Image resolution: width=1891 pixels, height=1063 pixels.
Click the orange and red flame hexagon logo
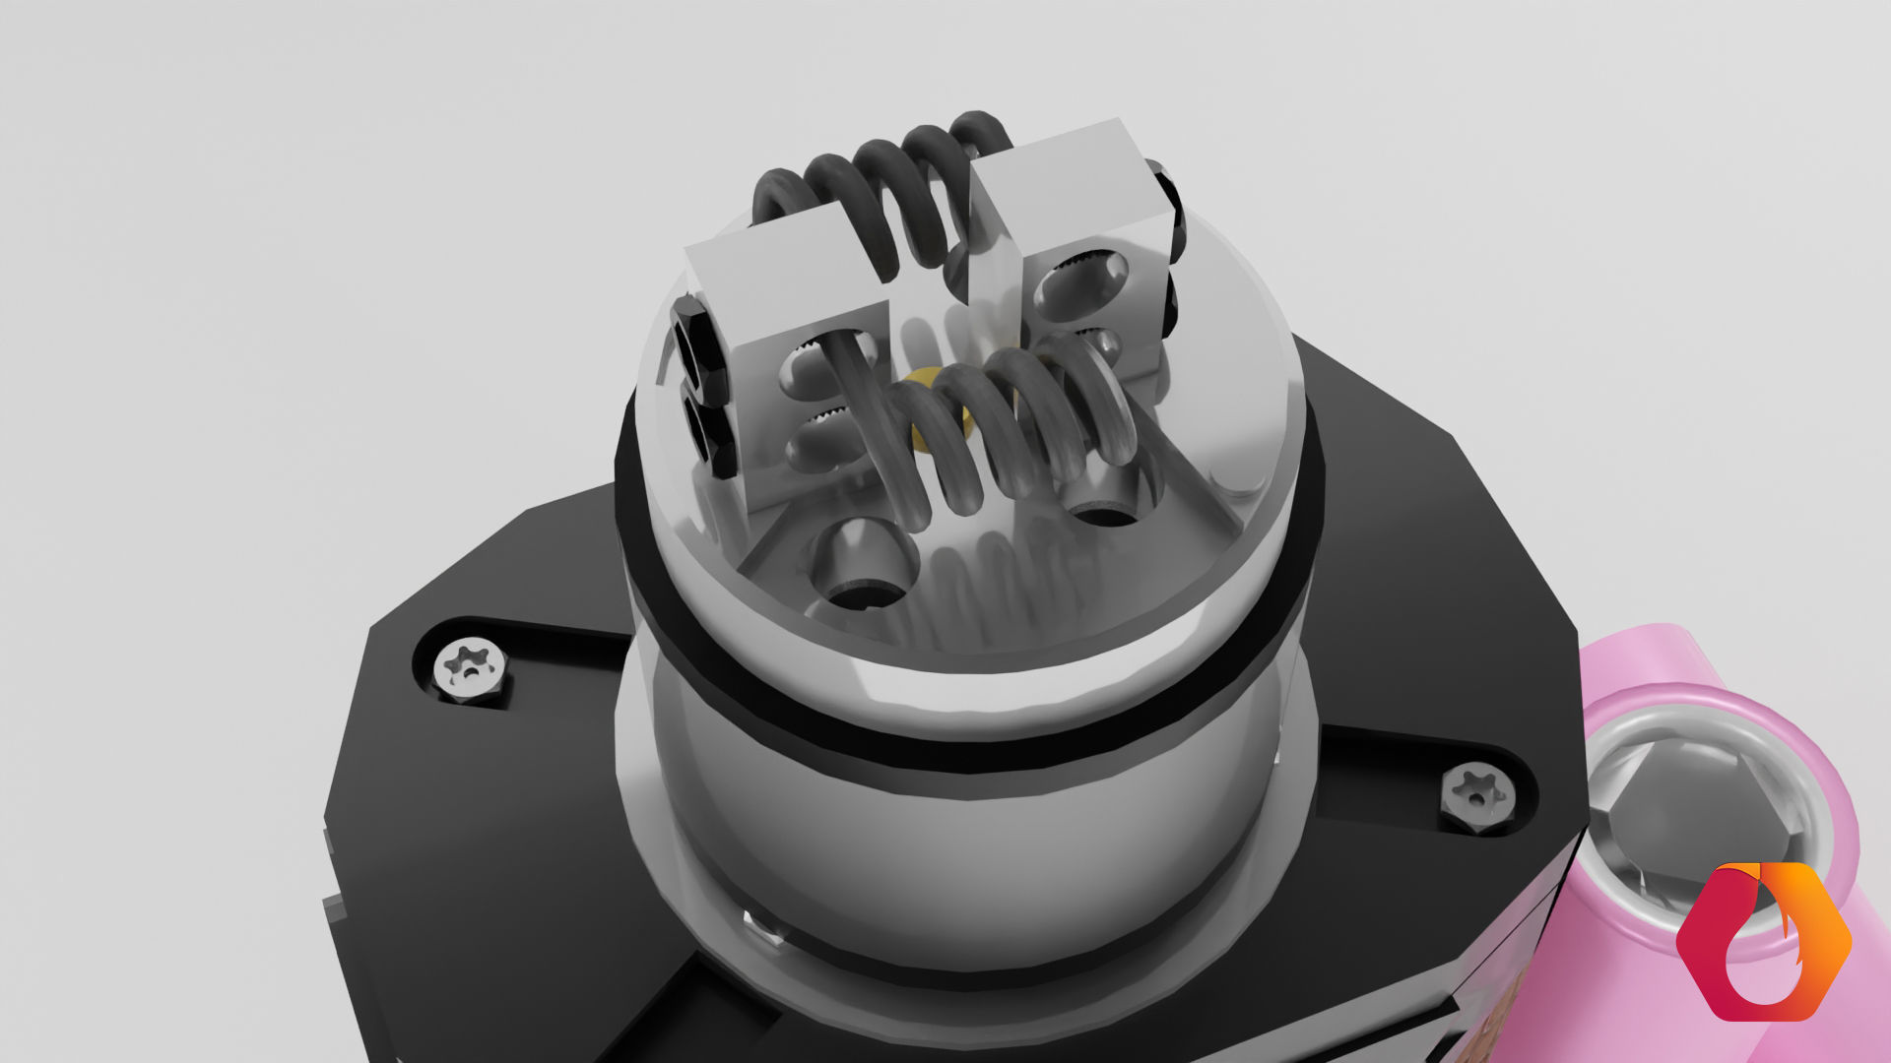(1763, 940)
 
